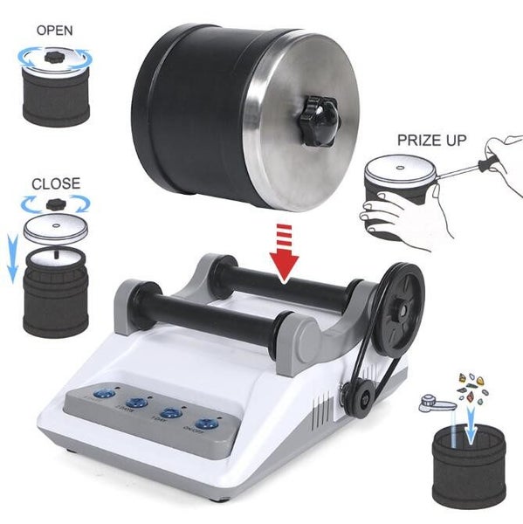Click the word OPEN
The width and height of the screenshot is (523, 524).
tap(54, 29)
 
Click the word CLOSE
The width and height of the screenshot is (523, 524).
tap(55, 183)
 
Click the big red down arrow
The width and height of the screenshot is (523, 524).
tap(282, 254)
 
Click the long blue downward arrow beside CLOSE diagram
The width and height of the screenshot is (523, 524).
tap(11, 260)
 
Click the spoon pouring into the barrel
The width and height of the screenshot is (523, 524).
tap(437, 404)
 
